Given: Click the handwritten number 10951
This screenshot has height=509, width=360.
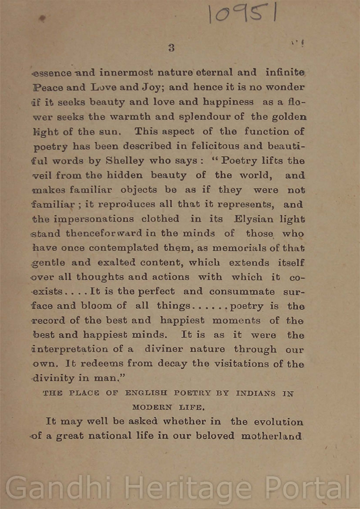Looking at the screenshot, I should coord(242,13).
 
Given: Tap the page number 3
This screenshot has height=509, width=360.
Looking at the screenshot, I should coord(171,48).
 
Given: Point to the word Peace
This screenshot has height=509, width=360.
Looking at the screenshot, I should coord(49,87).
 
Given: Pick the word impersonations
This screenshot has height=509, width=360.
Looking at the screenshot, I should coord(94,219).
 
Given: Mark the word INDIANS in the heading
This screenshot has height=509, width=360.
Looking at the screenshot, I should coord(256,393).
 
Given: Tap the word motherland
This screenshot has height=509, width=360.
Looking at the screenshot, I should coord(271,436).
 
